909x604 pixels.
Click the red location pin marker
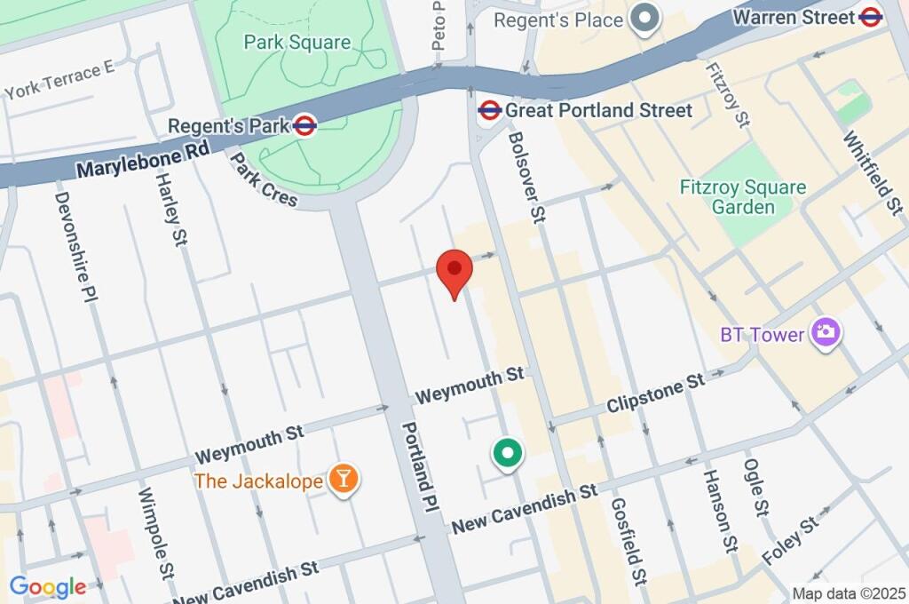(x=454, y=270)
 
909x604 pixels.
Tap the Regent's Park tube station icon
(x=304, y=126)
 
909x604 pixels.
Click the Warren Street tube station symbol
(x=871, y=16)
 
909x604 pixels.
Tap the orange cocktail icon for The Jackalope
(x=342, y=480)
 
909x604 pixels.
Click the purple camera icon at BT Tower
(x=826, y=334)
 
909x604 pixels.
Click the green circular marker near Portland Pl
(x=508, y=455)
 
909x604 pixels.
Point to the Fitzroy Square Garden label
(x=742, y=197)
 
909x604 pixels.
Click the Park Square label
(x=297, y=42)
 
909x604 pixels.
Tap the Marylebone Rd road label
(x=142, y=160)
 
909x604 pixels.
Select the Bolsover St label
(x=525, y=177)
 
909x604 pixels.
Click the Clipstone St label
(x=655, y=394)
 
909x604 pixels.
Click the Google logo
(x=47, y=586)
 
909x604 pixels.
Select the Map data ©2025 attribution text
(x=849, y=593)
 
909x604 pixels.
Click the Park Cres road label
(x=264, y=180)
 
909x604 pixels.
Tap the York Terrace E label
(x=59, y=80)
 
